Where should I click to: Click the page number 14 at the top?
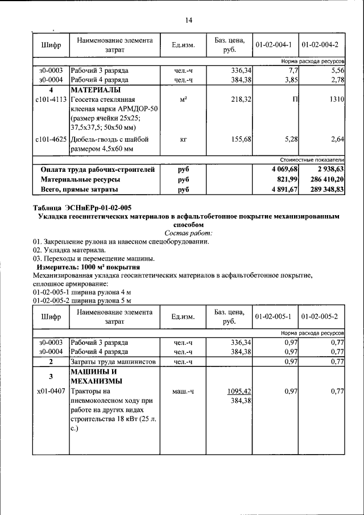click(x=189, y=20)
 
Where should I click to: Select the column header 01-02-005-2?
click(x=320, y=316)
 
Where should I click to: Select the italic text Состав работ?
click(x=188, y=233)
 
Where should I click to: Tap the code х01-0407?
click(x=51, y=392)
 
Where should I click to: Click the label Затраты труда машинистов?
click(x=107, y=362)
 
